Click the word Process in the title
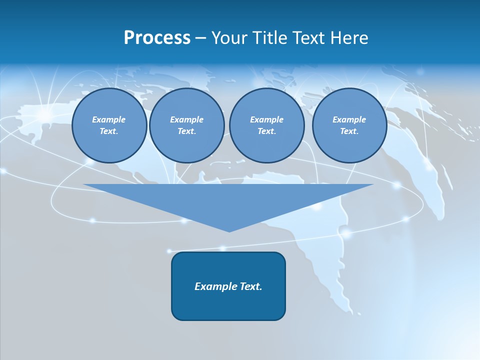(157, 38)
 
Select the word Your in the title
(229, 38)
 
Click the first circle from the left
(109, 125)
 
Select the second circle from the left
(186, 125)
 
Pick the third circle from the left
(266, 125)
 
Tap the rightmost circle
(349, 125)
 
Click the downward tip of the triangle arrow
(229, 230)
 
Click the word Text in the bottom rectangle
(250, 286)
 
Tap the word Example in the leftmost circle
(109, 119)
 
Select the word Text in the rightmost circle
(349, 131)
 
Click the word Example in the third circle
(266, 119)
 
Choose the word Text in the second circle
(186, 131)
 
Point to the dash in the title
(200, 38)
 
